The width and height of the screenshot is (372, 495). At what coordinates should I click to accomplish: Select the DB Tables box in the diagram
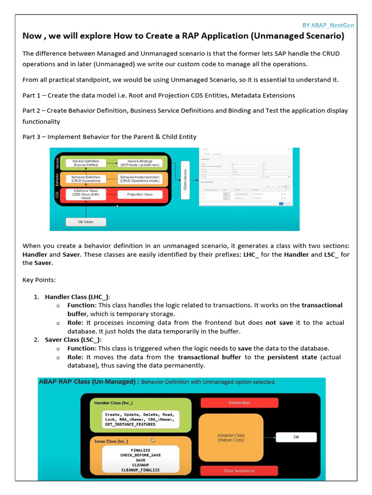click(x=85, y=222)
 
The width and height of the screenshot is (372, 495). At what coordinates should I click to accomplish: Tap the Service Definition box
click(x=86, y=163)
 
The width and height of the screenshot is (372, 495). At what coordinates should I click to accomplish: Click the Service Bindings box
click(x=140, y=163)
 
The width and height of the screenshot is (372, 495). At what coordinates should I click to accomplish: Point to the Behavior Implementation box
click(x=140, y=179)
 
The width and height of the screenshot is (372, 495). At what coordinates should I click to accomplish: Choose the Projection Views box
click(x=140, y=194)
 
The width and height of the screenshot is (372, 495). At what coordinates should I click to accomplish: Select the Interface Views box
click(x=86, y=195)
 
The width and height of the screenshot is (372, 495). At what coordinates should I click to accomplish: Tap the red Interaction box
click(x=239, y=402)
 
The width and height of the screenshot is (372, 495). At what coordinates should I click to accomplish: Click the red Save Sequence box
click(x=239, y=470)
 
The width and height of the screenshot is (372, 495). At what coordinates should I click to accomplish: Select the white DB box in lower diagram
click(x=296, y=437)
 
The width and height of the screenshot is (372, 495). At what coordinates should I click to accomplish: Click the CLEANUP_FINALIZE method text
click(x=140, y=470)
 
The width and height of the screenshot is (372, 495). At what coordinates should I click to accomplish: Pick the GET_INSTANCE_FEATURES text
click(x=130, y=424)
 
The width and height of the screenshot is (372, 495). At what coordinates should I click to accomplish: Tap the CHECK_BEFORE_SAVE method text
click(x=140, y=455)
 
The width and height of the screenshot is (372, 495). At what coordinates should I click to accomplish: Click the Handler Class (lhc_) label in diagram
click(x=113, y=402)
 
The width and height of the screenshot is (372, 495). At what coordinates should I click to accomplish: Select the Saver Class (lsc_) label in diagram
click(x=111, y=441)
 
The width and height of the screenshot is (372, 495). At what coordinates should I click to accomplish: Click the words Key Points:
click(x=39, y=280)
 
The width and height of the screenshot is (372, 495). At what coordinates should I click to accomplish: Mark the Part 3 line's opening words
click(x=33, y=137)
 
